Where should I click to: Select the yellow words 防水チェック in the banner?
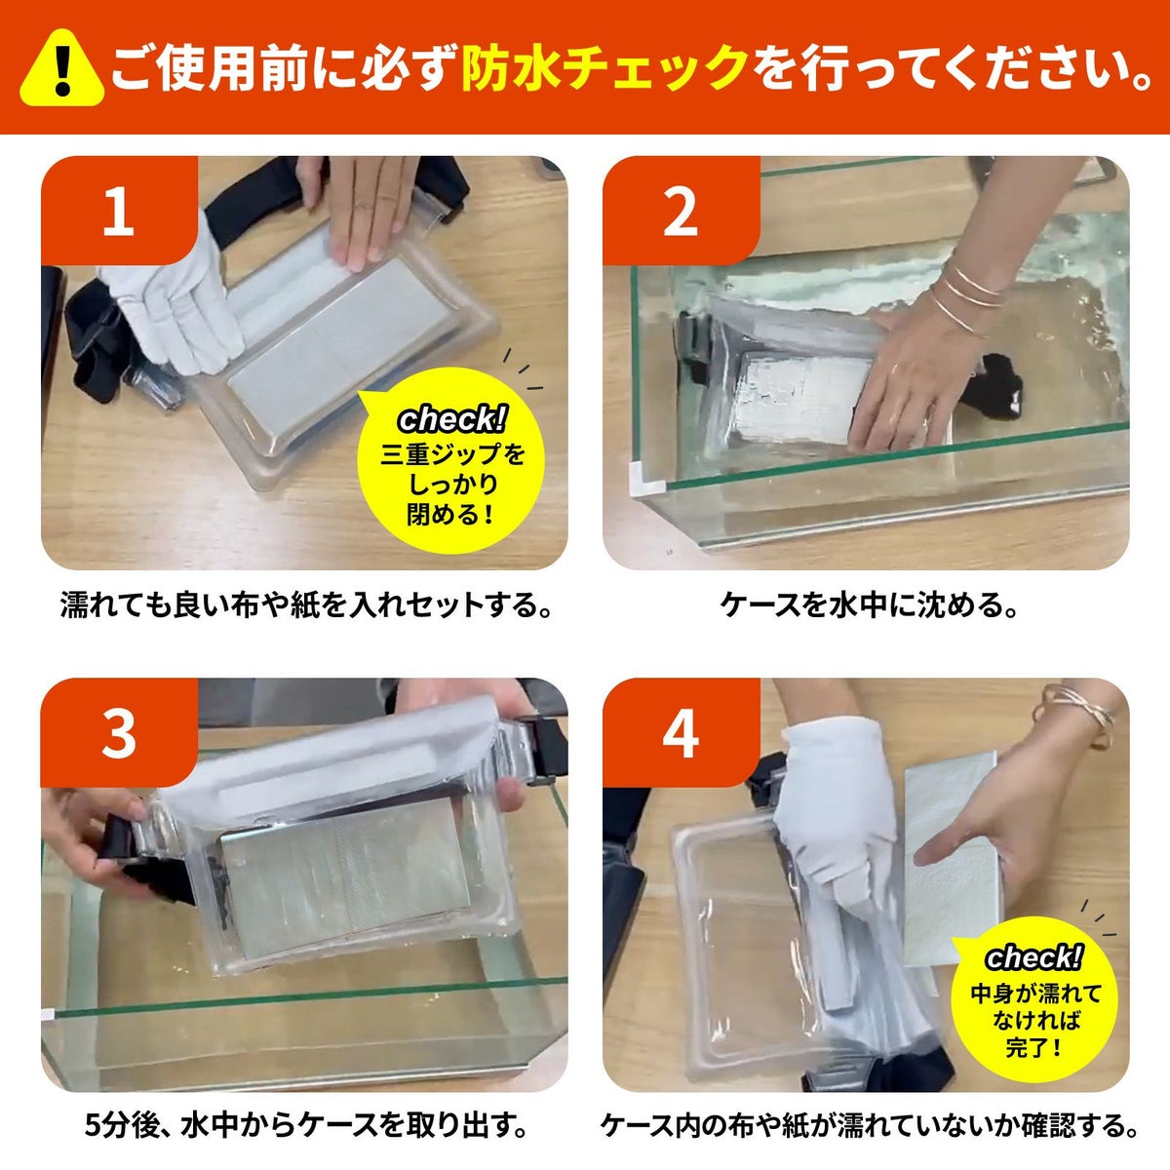point(604,68)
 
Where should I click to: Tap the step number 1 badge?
point(119,211)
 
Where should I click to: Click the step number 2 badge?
point(681,211)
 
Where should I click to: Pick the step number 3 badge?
point(119,733)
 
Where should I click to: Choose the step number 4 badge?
point(681,733)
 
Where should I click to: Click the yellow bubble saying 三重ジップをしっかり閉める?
point(451,463)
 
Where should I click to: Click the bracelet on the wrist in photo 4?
point(1075,714)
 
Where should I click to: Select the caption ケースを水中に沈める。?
point(869,605)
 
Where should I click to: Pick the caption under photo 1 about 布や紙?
point(306,605)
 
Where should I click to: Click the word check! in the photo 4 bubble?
point(1033,957)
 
